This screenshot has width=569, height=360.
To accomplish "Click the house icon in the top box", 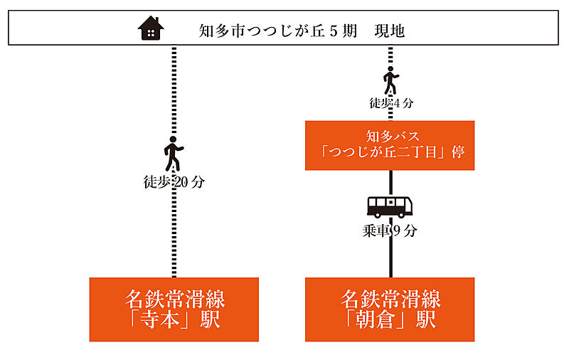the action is click(x=151, y=28).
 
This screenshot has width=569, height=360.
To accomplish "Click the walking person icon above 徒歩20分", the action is click(x=174, y=154).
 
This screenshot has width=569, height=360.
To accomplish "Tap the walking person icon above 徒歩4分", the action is click(x=390, y=80).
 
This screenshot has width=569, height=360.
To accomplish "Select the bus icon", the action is click(x=390, y=207).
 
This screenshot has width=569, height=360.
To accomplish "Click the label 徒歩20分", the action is click(x=174, y=182).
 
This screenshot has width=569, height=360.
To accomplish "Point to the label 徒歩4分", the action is click(x=391, y=103).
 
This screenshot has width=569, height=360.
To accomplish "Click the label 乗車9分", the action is click(x=390, y=231).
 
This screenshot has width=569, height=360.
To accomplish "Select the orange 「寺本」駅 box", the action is click(x=174, y=309).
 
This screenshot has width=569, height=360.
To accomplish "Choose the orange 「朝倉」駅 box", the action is click(x=390, y=309).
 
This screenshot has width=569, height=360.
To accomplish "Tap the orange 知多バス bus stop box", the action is click(x=390, y=145).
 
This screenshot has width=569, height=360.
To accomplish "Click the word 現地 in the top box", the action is click(x=390, y=31).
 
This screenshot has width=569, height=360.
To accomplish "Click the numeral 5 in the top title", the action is click(x=334, y=31).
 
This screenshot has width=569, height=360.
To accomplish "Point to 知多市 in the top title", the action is click(x=223, y=31).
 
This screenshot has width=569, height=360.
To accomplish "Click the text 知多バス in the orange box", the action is click(x=393, y=137).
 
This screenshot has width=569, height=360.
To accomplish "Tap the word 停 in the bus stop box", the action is click(x=458, y=152).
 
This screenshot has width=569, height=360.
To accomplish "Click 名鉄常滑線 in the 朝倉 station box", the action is click(x=390, y=299).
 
